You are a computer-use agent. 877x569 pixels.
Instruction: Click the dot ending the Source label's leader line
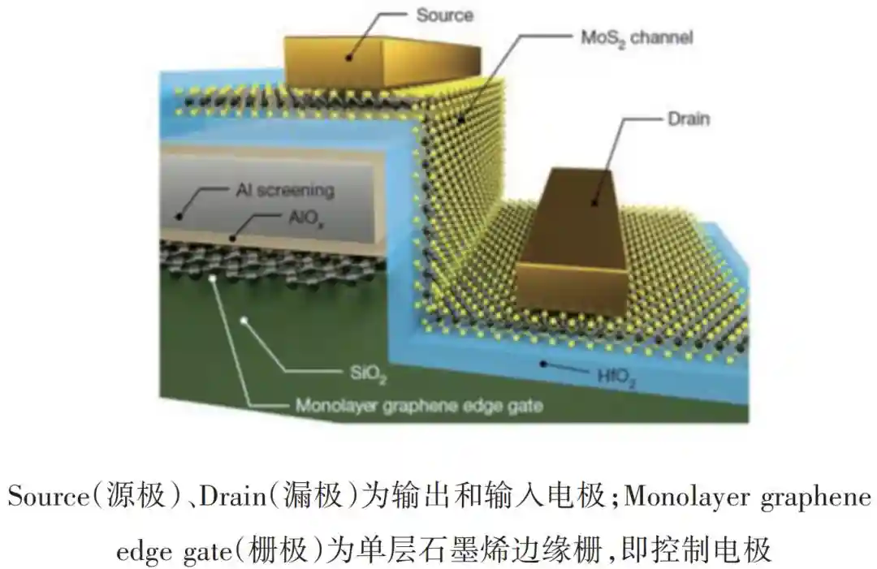349,57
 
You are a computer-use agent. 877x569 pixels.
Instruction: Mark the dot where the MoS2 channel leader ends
461,119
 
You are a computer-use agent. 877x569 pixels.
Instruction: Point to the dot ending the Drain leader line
594,202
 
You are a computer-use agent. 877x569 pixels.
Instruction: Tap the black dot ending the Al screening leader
179,216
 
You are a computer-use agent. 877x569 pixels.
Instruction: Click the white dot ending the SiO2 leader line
244,321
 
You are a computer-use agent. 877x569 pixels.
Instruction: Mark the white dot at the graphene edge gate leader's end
212,278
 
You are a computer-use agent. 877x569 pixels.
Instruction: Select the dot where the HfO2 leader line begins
542,364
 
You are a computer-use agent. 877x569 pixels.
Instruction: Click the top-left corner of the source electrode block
285,37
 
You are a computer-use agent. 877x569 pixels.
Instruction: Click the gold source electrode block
382,62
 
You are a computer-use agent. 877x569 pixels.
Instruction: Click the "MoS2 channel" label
637,39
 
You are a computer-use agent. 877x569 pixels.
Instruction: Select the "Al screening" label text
285,191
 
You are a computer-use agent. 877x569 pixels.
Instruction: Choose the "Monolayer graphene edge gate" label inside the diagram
420,406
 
